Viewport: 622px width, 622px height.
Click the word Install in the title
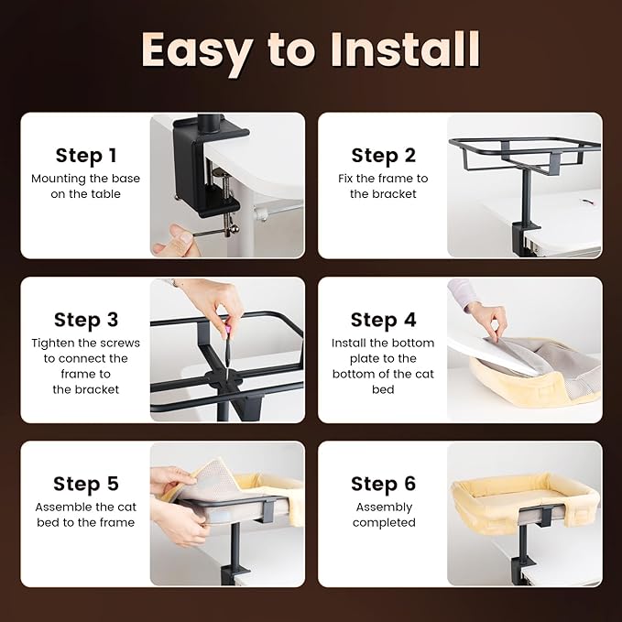406,49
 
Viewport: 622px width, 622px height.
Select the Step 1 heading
86,155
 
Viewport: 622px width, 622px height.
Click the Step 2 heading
383,155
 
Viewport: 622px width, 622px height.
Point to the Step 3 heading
86,320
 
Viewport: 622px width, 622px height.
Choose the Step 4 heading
383,320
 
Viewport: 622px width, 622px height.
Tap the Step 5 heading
86,484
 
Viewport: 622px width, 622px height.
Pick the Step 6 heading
383,484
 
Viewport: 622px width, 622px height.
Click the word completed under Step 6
384,523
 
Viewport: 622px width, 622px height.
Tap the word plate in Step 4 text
361,359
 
